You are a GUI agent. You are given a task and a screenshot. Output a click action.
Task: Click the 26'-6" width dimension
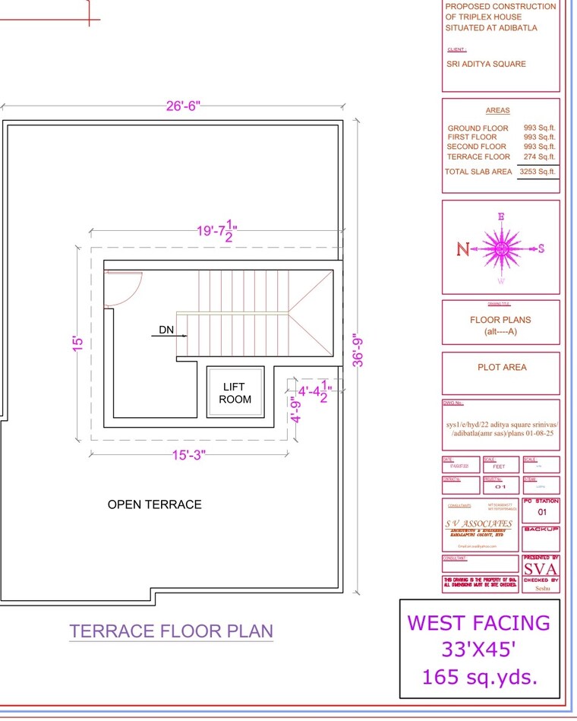(183, 106)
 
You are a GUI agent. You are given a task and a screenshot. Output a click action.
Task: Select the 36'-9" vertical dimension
(358, 348)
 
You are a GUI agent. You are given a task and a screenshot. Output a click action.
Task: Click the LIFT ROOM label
(235, 393)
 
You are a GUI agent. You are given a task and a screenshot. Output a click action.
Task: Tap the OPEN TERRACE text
(154, 504)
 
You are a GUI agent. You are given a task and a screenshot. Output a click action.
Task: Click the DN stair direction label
(166, 330)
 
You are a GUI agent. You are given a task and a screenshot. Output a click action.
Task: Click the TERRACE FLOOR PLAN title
(171, 631)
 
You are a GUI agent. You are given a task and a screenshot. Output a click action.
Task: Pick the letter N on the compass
(463, 248)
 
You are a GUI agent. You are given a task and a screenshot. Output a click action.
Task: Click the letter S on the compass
(541, 248)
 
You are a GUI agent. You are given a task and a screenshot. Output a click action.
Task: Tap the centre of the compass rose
(501, 248)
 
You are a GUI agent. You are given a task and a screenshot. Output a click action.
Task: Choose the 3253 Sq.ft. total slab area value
(537, 172)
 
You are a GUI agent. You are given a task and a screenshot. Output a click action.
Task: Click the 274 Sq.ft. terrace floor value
(539, 157)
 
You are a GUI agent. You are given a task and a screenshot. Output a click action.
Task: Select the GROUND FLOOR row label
(478, 128)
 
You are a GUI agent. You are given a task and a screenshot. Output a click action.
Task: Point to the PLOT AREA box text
(501, 367)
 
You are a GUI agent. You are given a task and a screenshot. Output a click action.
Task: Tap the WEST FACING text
(478, 623)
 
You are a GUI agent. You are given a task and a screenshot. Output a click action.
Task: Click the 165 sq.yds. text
(479, 676)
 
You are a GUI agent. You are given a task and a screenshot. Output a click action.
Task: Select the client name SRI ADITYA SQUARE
(486, 64)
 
